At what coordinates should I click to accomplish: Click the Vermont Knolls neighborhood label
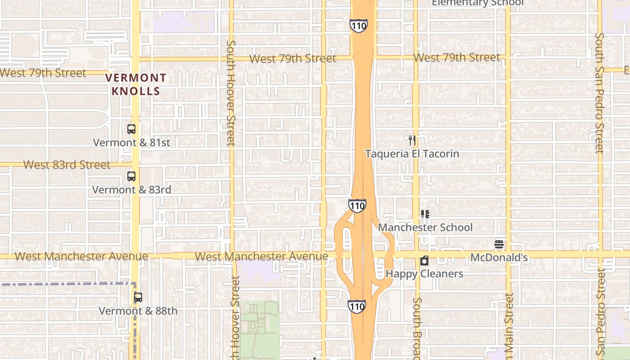pyautogui.click(x=135, y=85)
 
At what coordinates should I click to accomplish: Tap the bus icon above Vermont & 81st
pyautogui.click(x=131, y=129)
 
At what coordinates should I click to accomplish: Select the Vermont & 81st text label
pyautogui.click(x=131, y=143)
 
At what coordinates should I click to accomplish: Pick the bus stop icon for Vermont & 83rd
pyautogui.click(x=131, y=176)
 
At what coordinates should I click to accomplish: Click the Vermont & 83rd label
pyautogui.click(x=131, y=190)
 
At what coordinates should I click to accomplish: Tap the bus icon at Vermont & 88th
pyautogui.click(x=138, y=297)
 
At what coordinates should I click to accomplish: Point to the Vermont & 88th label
pyautogui.click(x=138, y=311)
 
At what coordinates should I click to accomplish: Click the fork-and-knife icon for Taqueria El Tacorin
pyautogui.click(x=412, y=140)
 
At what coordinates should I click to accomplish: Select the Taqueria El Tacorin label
pyautogui.click(x=412, y=154)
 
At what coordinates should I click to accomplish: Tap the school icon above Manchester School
pyautogui.click(x=425, y=214)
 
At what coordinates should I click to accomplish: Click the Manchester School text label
pyautogui.click(x=425, y=228)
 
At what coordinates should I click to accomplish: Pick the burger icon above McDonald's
pyautogui.click(x=499, y=244)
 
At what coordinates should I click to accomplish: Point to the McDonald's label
pyautogui.click(x=499, y=258)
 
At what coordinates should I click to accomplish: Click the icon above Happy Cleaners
pyautogui.click(x=424, y=261)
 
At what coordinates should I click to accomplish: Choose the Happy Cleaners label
pyautogui.click(x=424, y=274)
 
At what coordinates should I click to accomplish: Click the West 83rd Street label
pyautogui.click(x=67, y=165)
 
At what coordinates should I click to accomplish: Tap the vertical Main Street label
pyautogui.click(x=509, y=326)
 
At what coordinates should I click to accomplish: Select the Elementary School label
pyautogui.click(x=477, y=3)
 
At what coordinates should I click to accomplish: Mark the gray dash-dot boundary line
pyautogui.click(x=67, y=284)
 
